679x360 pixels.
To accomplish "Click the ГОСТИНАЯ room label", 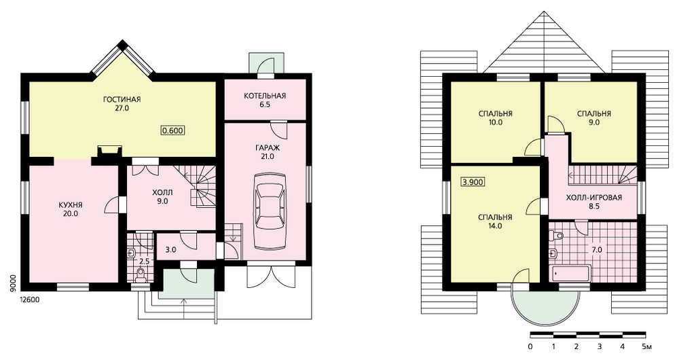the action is (x=122, y=100).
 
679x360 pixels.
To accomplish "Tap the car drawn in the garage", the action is (x=270, y=211).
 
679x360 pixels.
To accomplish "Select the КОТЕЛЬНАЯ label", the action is (x=265, y=96).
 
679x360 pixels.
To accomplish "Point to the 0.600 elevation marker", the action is (x=172, y=130).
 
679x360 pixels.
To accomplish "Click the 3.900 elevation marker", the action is (x=473, y=182).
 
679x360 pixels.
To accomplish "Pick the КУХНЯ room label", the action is (x=70, y=205).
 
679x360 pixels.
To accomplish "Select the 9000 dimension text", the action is (x=13, y=284).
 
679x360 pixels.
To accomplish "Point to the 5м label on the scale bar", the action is (x=646, y=346).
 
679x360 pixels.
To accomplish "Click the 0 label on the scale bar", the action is (x=530, y=346).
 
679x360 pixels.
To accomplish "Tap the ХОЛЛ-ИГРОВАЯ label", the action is (x=594, y=198).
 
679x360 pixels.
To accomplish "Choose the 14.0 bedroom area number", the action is (x=495, y=226).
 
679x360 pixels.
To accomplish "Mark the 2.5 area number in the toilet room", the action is (x=144, y=262).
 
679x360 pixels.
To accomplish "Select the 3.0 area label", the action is (x=171, y=250).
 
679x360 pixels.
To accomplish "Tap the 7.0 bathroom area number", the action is (x=597, y=250).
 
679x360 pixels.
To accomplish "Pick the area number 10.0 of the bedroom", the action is (x=495, y=122).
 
